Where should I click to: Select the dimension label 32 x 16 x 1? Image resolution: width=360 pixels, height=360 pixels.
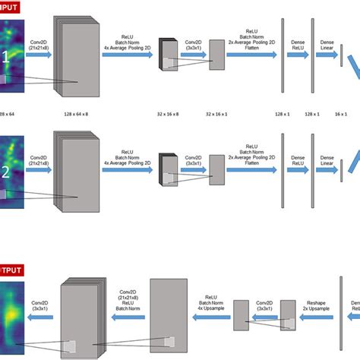point(218,112)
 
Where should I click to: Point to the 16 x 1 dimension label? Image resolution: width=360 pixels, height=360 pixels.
point(341,112)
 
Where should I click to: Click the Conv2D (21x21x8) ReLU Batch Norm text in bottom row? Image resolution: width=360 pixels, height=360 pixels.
point(126,300)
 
